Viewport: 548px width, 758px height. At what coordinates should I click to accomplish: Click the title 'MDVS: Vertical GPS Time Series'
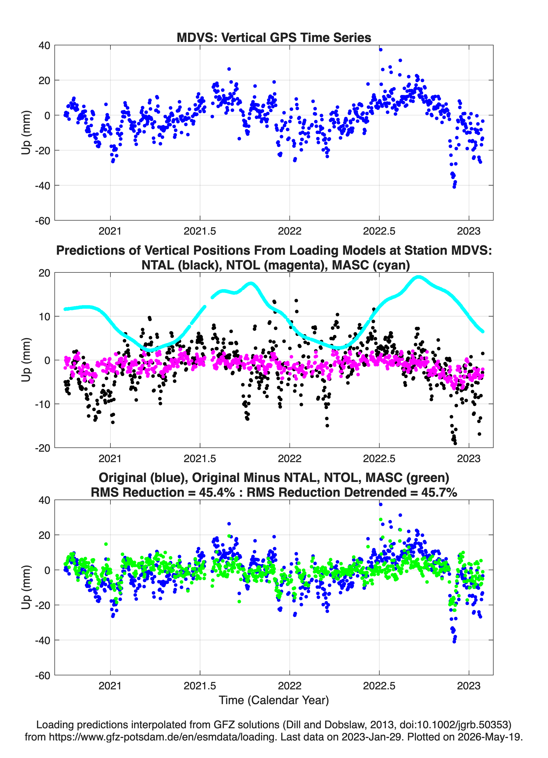point(274,37)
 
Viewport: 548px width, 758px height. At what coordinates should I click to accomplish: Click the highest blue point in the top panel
point(380,50)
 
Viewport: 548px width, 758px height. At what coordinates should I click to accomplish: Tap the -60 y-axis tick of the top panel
point(42,221)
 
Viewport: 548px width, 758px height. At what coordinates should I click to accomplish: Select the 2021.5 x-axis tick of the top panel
point(200,231)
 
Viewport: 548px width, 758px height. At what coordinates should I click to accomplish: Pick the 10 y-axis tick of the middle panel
point(45,316)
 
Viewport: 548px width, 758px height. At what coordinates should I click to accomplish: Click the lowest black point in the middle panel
point(455,443)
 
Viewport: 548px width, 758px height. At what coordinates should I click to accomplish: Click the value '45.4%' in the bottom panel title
point(217,492)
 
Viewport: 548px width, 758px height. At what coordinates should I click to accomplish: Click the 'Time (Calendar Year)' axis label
point(274,700)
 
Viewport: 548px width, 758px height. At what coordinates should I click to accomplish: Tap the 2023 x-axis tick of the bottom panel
point(469,686)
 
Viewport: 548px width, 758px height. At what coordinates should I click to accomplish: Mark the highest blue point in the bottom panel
point(380,504)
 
